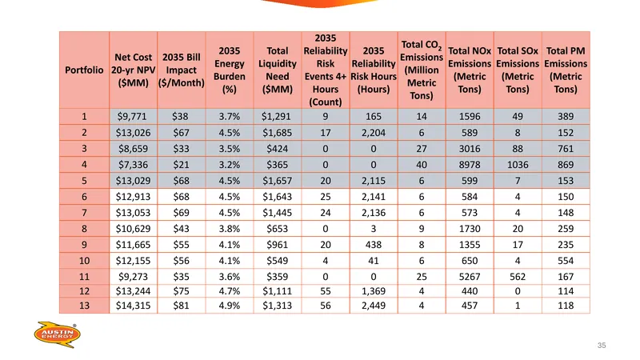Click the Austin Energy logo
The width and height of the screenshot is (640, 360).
(x=57, y=334)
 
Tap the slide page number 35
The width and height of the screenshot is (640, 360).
(x=602, y=346)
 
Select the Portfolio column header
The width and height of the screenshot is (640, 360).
(x=84, y=70)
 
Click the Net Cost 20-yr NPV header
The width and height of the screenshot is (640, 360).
(x=133, y=70)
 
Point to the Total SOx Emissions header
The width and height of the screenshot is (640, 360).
(x=518, y=70)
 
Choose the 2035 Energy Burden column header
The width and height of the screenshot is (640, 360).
(x=230, y=70)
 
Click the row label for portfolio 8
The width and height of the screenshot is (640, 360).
(x=84, y=229)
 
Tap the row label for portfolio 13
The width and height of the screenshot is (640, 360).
(x=84, y=306)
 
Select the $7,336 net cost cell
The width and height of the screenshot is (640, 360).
(x=133, y=165)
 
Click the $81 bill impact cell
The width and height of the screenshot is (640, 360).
(x=182, y=306)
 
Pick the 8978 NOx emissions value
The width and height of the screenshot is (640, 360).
(x=470, y=165)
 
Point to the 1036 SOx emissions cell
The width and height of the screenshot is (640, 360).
(x=518, y=165)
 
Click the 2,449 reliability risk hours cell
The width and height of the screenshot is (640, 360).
(x=374, y=306)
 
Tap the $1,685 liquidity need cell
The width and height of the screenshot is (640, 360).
(x=277, y=133)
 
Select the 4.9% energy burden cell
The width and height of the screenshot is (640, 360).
(x=230, y=306)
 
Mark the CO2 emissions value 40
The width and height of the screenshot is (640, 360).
(x=422, y=165)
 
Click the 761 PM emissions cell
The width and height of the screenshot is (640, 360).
(x=566, y=149)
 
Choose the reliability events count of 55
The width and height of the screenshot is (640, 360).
(x=326, y=291)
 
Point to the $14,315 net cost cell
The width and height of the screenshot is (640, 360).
(x=133, y=306)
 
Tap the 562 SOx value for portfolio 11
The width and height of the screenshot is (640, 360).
(x=518, y=277)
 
